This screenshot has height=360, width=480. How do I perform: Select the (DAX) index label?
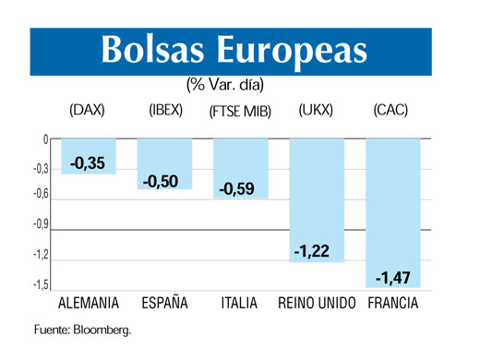point(88,111)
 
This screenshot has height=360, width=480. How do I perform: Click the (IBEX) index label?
point(166,111)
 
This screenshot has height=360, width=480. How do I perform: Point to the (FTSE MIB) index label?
point(240,112)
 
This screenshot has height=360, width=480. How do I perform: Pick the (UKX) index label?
point(316,111)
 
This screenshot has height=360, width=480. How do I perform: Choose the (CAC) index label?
point(391,111)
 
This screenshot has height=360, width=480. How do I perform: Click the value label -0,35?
point(89,163)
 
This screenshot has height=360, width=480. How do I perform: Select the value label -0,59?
point(240,189)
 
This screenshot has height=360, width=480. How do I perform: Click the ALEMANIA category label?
point(88,303)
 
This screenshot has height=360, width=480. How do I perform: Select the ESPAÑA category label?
point(164,303)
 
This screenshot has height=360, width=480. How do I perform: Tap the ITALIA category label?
point(240,303)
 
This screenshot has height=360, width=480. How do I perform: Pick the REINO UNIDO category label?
point(316,303)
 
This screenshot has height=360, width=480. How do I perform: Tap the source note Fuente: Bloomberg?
point(83,330)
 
